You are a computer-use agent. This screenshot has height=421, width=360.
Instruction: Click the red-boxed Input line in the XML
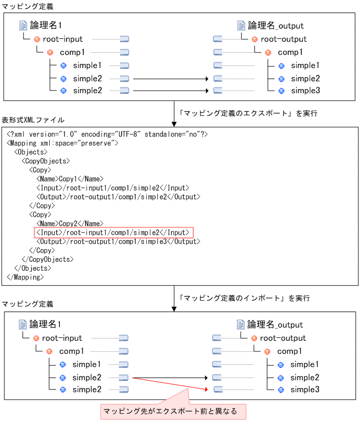click(114, 232)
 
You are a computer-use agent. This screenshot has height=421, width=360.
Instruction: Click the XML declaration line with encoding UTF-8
click(107, 135)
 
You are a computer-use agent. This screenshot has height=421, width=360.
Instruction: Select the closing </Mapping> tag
click(25, 277)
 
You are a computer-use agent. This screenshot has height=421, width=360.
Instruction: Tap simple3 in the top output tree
click(305, 91)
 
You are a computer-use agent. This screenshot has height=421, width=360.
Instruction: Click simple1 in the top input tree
click(87, 65)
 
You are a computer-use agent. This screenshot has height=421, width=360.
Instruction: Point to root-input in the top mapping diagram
click(62, 39)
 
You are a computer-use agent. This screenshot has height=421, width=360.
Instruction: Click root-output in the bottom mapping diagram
click(283, 338)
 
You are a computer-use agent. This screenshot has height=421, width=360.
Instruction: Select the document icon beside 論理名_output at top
click(241, 25)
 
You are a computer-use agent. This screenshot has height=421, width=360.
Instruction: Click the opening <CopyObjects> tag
click(46, 161)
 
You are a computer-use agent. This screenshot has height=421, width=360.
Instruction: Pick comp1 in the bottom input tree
click(72, 351)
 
